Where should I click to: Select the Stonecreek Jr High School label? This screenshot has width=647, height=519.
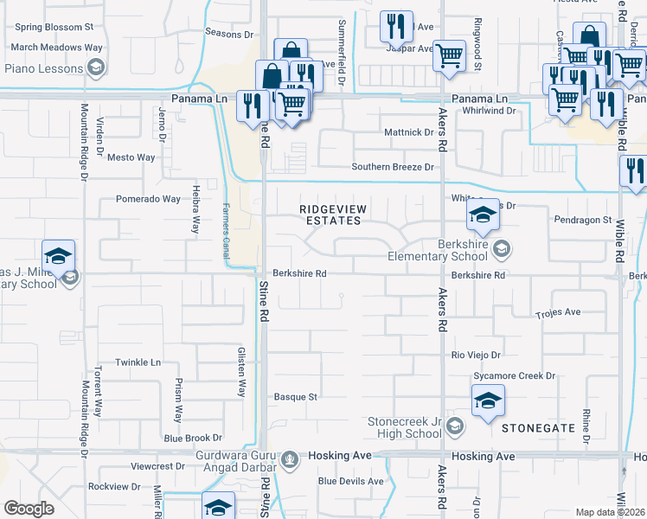tap(405, 427)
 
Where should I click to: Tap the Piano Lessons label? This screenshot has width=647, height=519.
tap(42, 67)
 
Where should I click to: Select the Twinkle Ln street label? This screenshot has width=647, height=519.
tap(139, 362)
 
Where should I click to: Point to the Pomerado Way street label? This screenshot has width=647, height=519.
tap(148, 199)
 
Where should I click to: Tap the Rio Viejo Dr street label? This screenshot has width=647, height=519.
tap(477, 355)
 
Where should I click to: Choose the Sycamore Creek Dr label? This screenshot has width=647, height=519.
tap(514, 376)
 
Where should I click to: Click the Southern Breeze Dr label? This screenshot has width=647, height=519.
tap(392, 167)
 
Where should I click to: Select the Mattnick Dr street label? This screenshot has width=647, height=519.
tap(408, 132)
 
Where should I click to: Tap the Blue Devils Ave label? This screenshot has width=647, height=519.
tap(350, 481)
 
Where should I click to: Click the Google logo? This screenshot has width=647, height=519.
tap(29, 509)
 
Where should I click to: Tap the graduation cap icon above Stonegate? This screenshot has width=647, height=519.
tap(488, 401)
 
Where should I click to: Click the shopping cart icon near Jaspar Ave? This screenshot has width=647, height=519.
tap(449, 56)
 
